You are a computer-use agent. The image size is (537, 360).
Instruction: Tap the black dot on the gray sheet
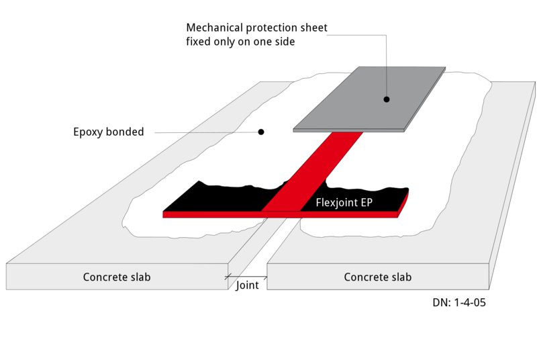point(387,99)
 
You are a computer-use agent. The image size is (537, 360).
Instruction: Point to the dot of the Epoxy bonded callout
point(261,132)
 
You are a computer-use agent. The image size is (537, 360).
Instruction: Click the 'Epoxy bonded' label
point(108,132)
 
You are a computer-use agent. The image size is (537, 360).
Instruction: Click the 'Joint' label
point(247,285)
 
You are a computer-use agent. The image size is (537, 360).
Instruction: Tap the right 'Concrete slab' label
point(377,277)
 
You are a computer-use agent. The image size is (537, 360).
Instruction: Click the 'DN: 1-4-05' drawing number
point(459,303)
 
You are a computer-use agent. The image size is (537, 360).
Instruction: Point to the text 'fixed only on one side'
point(240,42)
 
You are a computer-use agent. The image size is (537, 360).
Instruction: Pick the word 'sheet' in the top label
point(313,28)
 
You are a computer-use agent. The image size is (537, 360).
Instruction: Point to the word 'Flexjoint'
point(337,201)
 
